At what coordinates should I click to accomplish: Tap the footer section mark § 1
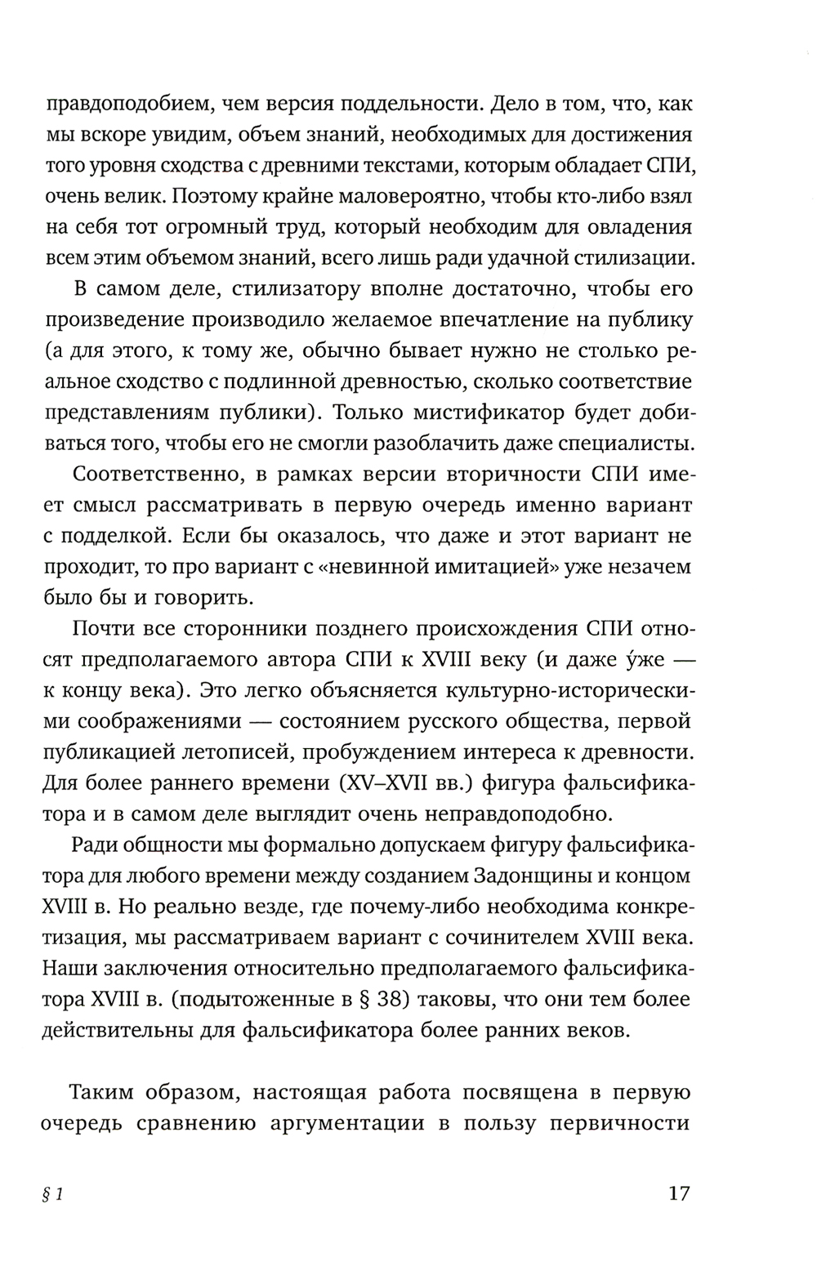53,1194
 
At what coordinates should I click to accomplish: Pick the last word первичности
621,1123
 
